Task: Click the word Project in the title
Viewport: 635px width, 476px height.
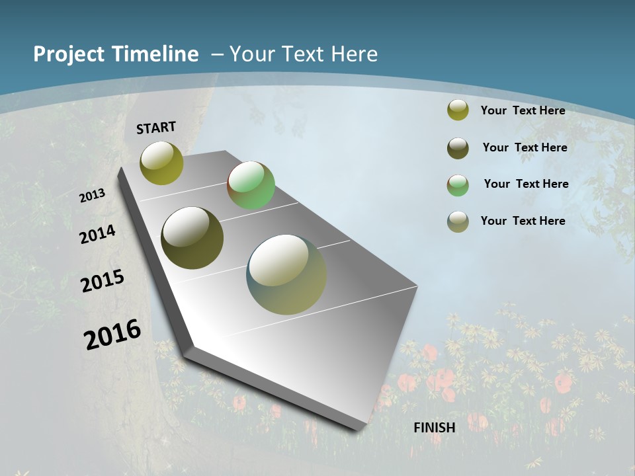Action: point(69,54)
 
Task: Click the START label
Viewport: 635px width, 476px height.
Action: point(156,128)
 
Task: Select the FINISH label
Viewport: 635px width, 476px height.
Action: point(435,428)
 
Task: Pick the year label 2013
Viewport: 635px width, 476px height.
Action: point(93,196)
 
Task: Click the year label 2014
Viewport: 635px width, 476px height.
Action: point(97,234)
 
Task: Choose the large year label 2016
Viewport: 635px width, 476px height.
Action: point(112,334)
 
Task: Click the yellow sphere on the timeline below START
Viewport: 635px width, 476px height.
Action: point(161,163)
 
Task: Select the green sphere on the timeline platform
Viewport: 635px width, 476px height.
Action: point(251,185)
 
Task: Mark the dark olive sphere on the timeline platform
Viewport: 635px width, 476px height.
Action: point(192,238)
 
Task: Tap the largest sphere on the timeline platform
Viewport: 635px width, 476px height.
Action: point(286,274)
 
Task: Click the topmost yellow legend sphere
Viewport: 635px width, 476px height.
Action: point(458,110)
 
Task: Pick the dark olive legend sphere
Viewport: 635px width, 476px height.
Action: point(458,148)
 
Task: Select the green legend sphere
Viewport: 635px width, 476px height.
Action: point(458,185)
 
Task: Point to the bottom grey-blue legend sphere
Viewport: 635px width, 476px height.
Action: point(458,221)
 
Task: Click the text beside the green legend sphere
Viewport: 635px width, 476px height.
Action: point(526,184)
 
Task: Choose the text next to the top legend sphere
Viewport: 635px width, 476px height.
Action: point(523,110)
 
